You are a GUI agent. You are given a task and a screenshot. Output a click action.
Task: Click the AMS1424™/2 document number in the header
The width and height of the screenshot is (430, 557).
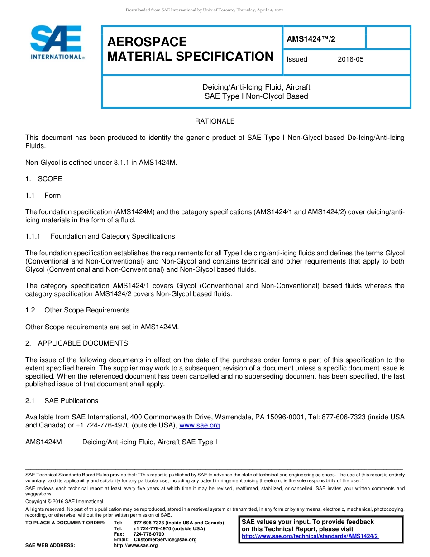(311, 39)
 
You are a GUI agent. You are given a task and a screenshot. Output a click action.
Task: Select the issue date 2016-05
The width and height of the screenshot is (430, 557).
(350, 59)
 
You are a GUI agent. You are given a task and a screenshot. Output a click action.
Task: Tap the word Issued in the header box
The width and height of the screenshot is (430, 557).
(297, 59)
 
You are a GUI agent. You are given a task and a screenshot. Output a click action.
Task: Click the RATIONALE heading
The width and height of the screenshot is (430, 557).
(215, 121)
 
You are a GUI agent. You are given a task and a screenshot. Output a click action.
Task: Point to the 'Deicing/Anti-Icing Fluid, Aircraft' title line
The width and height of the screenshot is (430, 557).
(256, 87)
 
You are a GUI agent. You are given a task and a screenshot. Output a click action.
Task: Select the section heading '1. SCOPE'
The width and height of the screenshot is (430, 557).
(44, 179)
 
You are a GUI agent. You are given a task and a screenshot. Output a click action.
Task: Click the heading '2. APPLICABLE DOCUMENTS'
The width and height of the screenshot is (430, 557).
(76, 343)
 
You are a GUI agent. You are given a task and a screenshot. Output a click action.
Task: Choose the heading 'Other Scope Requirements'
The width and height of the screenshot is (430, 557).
(87, 310)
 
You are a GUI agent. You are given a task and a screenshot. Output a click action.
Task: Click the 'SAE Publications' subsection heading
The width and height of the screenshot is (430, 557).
(71, 401)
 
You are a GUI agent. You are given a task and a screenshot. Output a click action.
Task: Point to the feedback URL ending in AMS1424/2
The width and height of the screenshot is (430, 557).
(310, 536)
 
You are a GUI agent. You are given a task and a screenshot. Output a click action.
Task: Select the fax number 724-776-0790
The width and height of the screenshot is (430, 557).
(148, 534)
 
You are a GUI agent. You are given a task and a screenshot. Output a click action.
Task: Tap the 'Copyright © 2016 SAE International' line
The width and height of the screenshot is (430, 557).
(64, 501)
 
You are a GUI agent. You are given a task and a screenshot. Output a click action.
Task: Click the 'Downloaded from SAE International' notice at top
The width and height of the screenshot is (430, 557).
(204, 10)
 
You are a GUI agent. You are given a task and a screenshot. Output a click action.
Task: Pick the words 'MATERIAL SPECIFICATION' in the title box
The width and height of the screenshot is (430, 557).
(190, 57)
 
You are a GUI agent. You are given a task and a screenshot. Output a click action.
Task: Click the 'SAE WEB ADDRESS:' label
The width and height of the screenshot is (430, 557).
(50, 545)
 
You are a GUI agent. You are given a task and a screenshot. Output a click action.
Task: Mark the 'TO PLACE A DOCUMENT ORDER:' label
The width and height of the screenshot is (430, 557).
(65, 523)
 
